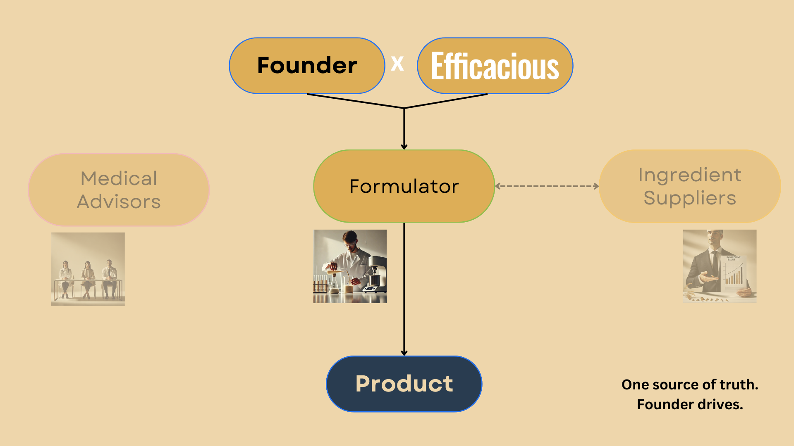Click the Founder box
coord(307,66)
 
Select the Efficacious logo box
coord(495,66)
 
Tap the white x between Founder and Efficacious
coord(397,64)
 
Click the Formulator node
coord(404,186)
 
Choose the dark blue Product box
coord(404,384)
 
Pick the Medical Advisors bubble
coord(119,190)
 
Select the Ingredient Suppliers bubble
coord(690,186)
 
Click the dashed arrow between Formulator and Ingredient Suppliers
coord(547,186)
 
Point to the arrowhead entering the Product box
coord(404,353)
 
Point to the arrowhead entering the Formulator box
coord(404,146)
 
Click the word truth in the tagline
coord(739,384)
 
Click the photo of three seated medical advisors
coord(88,269)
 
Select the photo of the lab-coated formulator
coord(350,266)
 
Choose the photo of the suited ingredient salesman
coord(720,266)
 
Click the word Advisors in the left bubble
coord(119,202)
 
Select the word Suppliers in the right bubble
coord(690,198)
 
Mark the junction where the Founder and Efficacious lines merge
coord(404,108)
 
